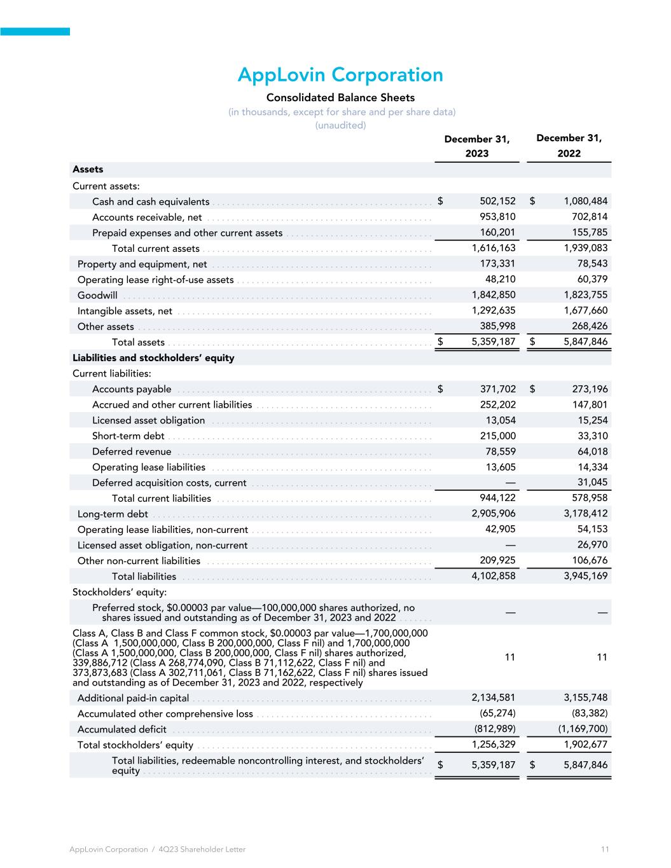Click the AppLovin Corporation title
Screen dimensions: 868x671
340,75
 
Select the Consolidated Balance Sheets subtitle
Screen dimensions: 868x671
340,98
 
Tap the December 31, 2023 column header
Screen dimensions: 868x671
477,146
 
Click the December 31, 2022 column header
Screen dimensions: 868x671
569,146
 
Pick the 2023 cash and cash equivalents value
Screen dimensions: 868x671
497,202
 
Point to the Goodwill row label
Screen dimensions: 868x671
97,295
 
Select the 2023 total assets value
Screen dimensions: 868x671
494,342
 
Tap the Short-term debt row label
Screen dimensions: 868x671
128,436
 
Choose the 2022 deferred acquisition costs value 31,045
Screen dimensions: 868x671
591,483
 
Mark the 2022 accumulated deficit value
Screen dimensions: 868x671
578,729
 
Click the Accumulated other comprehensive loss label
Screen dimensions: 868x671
165,714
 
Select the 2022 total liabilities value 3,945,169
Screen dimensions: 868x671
586,577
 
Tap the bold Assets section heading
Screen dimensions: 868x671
88,170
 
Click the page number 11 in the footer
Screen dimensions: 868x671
605,850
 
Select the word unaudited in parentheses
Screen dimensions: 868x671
340,125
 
